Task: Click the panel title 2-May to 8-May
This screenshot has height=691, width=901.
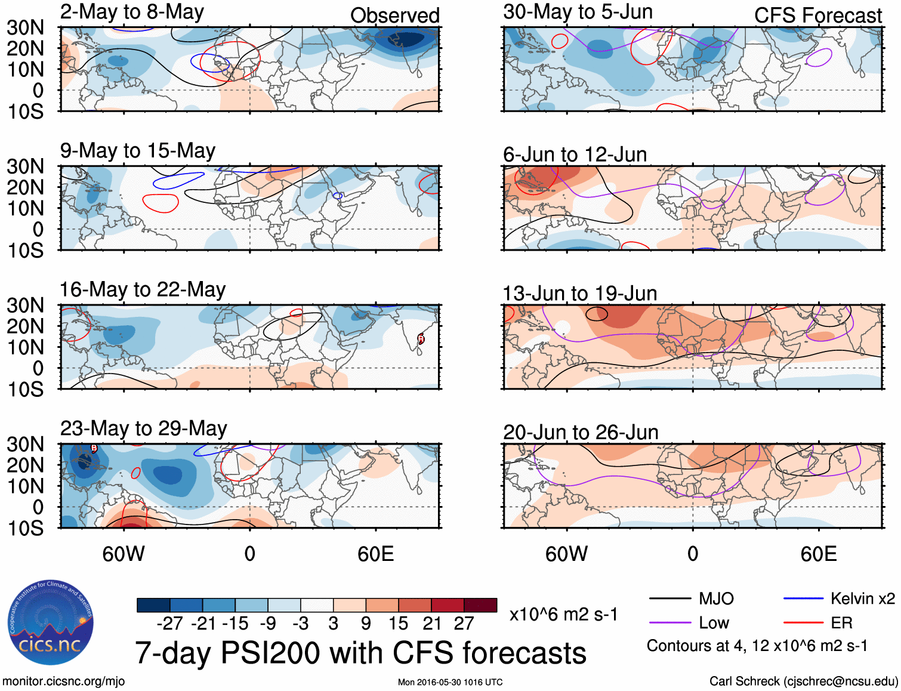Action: pos(132,12)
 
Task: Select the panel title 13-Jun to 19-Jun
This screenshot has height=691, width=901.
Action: pos(579,294)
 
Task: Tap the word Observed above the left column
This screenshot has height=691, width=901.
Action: pos(394,16)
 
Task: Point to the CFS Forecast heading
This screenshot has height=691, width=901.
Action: pos(817,16)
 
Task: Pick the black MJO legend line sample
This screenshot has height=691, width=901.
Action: pos(669,599)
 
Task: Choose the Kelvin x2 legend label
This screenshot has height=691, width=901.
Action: pos(862,599)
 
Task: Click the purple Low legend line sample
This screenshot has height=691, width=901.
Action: pos(669,623)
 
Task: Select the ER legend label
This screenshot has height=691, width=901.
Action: pos(841,623)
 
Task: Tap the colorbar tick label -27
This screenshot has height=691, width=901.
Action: pos(169,624)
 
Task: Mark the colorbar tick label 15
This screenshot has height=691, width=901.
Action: pos(398,624)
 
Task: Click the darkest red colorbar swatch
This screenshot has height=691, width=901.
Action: pos(480,605)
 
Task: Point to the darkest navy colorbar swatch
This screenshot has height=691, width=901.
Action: pos(153,605)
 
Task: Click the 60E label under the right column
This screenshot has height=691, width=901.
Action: pos(818,554)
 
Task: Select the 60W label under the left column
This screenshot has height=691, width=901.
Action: pos(124,554)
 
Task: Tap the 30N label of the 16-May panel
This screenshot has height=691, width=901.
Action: pos(26,306)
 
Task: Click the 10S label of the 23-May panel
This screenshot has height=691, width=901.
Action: pos(26,528)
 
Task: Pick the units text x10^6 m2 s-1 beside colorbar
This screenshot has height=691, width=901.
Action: pos(563,615)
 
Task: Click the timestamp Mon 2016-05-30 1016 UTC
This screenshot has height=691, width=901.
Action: pos(450,682)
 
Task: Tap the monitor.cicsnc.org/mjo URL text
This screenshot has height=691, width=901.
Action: pos(64,681)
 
